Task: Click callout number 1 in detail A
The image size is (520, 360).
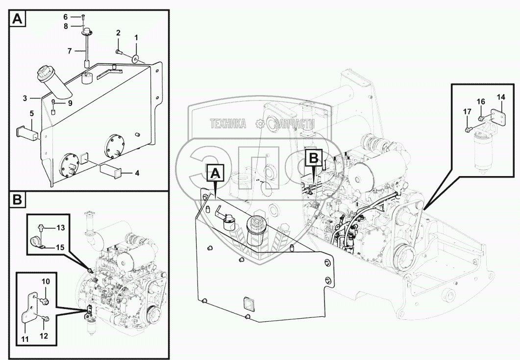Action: coord(136,37)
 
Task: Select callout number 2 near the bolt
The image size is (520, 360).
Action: coord(118,33)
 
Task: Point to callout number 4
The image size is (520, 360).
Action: coord(137,173)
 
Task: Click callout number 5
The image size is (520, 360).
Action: coord(32,113)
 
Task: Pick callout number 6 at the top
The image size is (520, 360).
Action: coord(66,17)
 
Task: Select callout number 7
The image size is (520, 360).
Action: coord(69,51)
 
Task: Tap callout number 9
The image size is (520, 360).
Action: coord(70,103)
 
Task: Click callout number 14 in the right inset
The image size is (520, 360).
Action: coord(500,98)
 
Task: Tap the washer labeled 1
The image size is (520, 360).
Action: coord(135,59)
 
